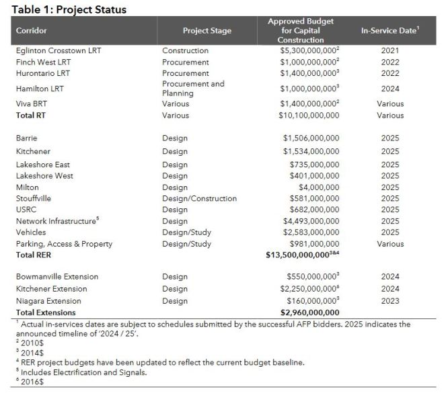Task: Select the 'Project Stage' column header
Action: [207, 31]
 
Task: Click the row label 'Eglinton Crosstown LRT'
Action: [59, 50]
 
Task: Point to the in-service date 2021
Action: [390, 50]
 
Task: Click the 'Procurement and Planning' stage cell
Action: [193, 89]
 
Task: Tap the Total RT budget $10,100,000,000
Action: [309, 116]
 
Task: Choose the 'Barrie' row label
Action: [26, 138]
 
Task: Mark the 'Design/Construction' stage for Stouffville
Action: [199, 199]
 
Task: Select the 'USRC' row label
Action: [26, 210]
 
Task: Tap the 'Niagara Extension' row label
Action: [48, 301]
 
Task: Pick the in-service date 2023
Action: [390, 301]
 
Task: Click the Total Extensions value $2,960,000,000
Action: [309, 312]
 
